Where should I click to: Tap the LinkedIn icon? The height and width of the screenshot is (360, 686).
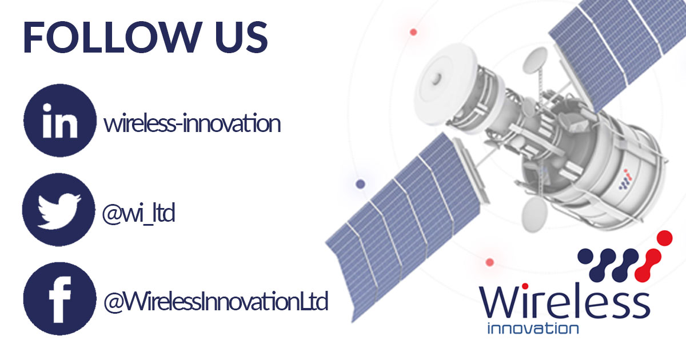(x=60, y=121)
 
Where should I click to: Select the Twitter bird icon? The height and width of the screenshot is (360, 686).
(x=60, y=210)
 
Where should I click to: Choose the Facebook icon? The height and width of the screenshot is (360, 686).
(x=60, y=298)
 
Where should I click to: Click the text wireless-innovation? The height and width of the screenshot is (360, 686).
(x=192, y=123)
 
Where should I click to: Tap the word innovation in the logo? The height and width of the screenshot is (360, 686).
(x=532, y=329)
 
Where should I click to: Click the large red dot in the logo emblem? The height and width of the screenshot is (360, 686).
(x=664, y=238)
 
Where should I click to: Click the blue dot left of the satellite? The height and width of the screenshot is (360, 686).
(x=360, y=184)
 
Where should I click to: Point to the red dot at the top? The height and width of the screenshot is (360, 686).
(x=413, y=32)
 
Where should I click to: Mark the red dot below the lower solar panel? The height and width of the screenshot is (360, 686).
(x=489, y=262)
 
